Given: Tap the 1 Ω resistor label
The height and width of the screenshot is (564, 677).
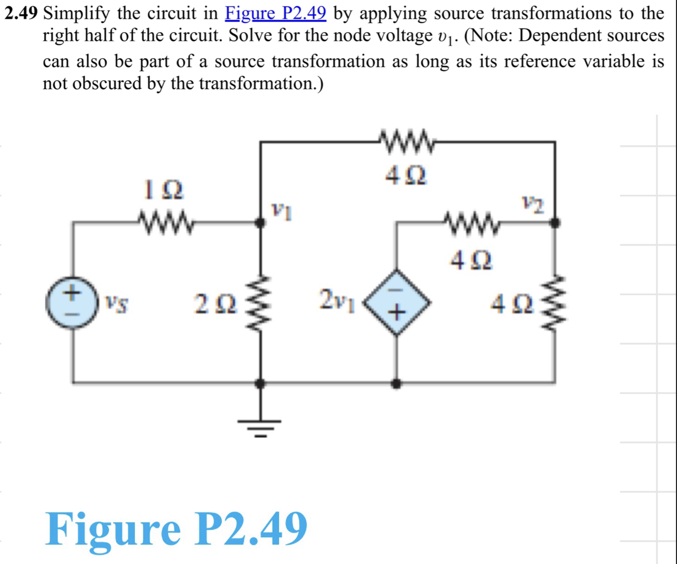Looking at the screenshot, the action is tap(164, 190).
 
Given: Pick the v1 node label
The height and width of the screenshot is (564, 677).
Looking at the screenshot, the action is tap(282, 211).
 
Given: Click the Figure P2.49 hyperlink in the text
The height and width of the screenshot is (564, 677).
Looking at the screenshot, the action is tap(276, 13).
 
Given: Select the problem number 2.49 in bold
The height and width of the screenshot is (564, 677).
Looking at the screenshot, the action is tap(22, 13).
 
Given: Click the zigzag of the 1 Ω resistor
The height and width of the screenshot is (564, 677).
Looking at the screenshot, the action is tap(166, 222).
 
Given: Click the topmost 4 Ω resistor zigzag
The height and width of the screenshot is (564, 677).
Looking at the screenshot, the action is tap(407, 142).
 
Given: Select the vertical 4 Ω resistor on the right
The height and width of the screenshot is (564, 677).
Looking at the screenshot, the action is tap(555, 303).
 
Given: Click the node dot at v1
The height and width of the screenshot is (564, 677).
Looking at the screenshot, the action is tap(260, 222).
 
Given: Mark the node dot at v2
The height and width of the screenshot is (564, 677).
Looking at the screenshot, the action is tap(555, 222).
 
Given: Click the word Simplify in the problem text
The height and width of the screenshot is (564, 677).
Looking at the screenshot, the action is tap(77, 14).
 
